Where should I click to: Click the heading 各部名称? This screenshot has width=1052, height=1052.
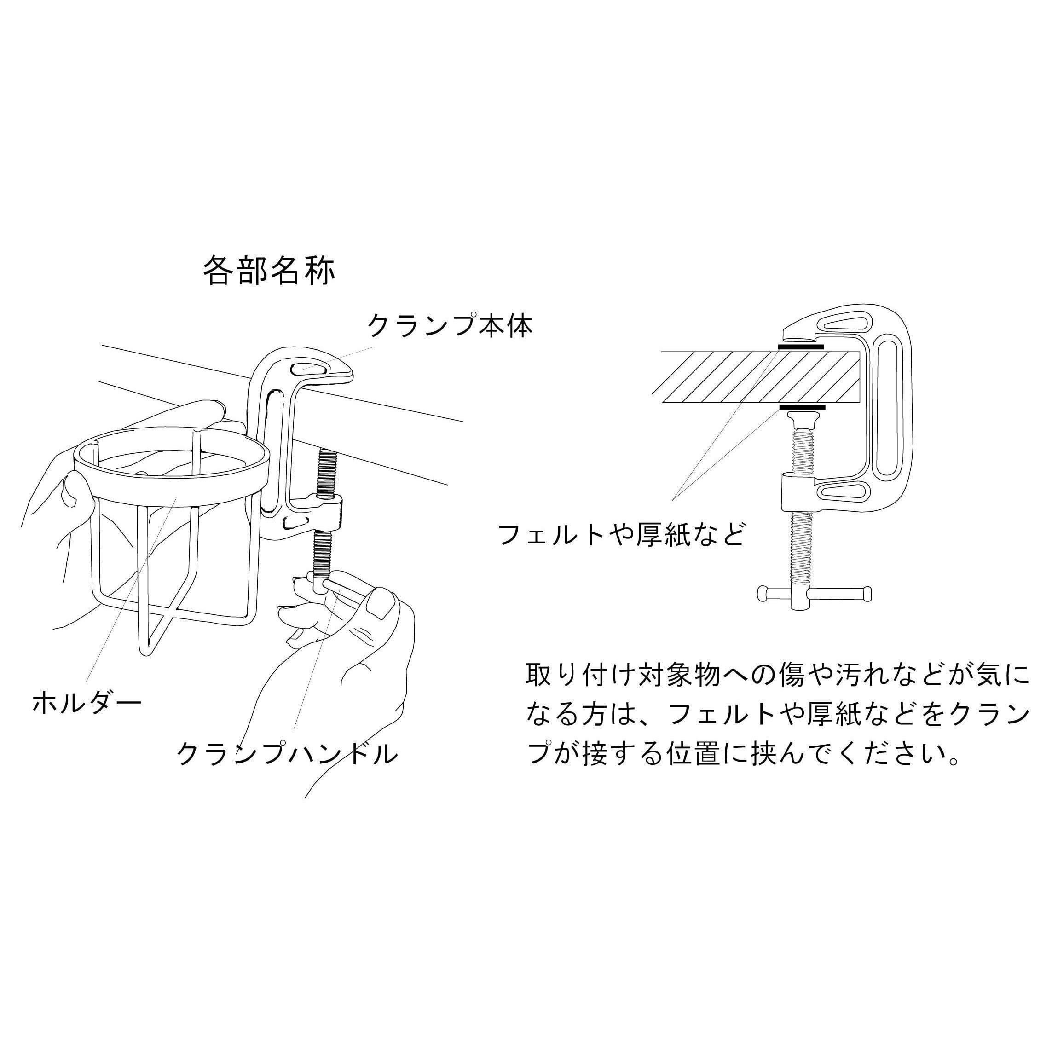coord(269,271)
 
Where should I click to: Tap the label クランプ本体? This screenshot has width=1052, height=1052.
coord(450,325)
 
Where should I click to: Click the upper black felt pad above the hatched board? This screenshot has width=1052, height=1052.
coord(800,347)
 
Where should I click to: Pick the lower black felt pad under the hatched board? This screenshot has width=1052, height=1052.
coord(803,407)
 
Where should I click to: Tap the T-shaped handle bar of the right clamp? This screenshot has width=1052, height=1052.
coord(815,591)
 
